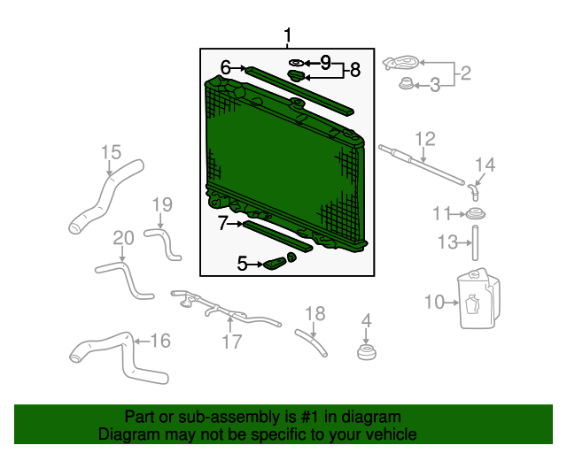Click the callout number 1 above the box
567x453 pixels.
(x=287, y=35)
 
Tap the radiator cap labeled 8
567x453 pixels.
(x=296, y=76)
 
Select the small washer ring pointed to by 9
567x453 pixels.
(x=297, y=63)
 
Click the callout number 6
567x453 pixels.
(x=226, y=67)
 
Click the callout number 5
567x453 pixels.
(x=242, y=264)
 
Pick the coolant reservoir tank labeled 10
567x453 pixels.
(x=478, y=299)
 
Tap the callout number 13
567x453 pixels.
(x=447, y=242)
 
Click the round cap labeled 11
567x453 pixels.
(x=475, y=213)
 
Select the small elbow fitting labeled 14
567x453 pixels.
(x=473, y=191)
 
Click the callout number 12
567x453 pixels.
(x=425, y=139)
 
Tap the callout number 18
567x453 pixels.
(x=315, y=313)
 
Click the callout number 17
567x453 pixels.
(x=231, y=342)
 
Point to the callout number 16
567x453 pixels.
(x=160, y=341)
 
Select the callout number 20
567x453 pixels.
(x=123, y=238)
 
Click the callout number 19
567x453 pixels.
(x=162, y=205)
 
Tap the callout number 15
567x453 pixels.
(x=111, y=152)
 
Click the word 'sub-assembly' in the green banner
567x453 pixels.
(x=229, y=417)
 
